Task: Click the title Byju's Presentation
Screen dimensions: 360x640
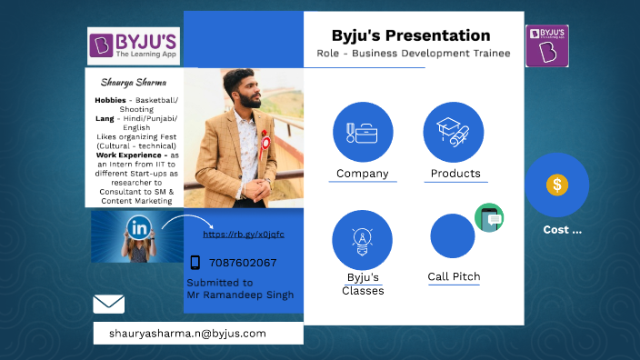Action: point(411,35)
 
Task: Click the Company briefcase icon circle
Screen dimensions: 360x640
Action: point(363,132)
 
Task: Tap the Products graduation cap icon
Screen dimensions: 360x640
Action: point(453,132)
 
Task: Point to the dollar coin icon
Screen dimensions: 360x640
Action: point(556,185)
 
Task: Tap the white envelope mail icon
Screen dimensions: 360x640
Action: point(108,304)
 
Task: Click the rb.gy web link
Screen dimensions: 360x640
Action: point(243,234)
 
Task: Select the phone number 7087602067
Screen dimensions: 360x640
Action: point(243,263)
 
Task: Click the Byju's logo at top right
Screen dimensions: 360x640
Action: point(547,45)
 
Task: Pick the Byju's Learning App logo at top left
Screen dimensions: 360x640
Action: point(133,45)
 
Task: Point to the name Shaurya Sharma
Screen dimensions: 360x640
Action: point(134,81)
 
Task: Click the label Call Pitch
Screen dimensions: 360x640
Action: point(454,276)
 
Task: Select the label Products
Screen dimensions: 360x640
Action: point(455,174)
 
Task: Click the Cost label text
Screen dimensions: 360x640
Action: point(562,230)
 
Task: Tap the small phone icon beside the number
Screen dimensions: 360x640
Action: point(195,263)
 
